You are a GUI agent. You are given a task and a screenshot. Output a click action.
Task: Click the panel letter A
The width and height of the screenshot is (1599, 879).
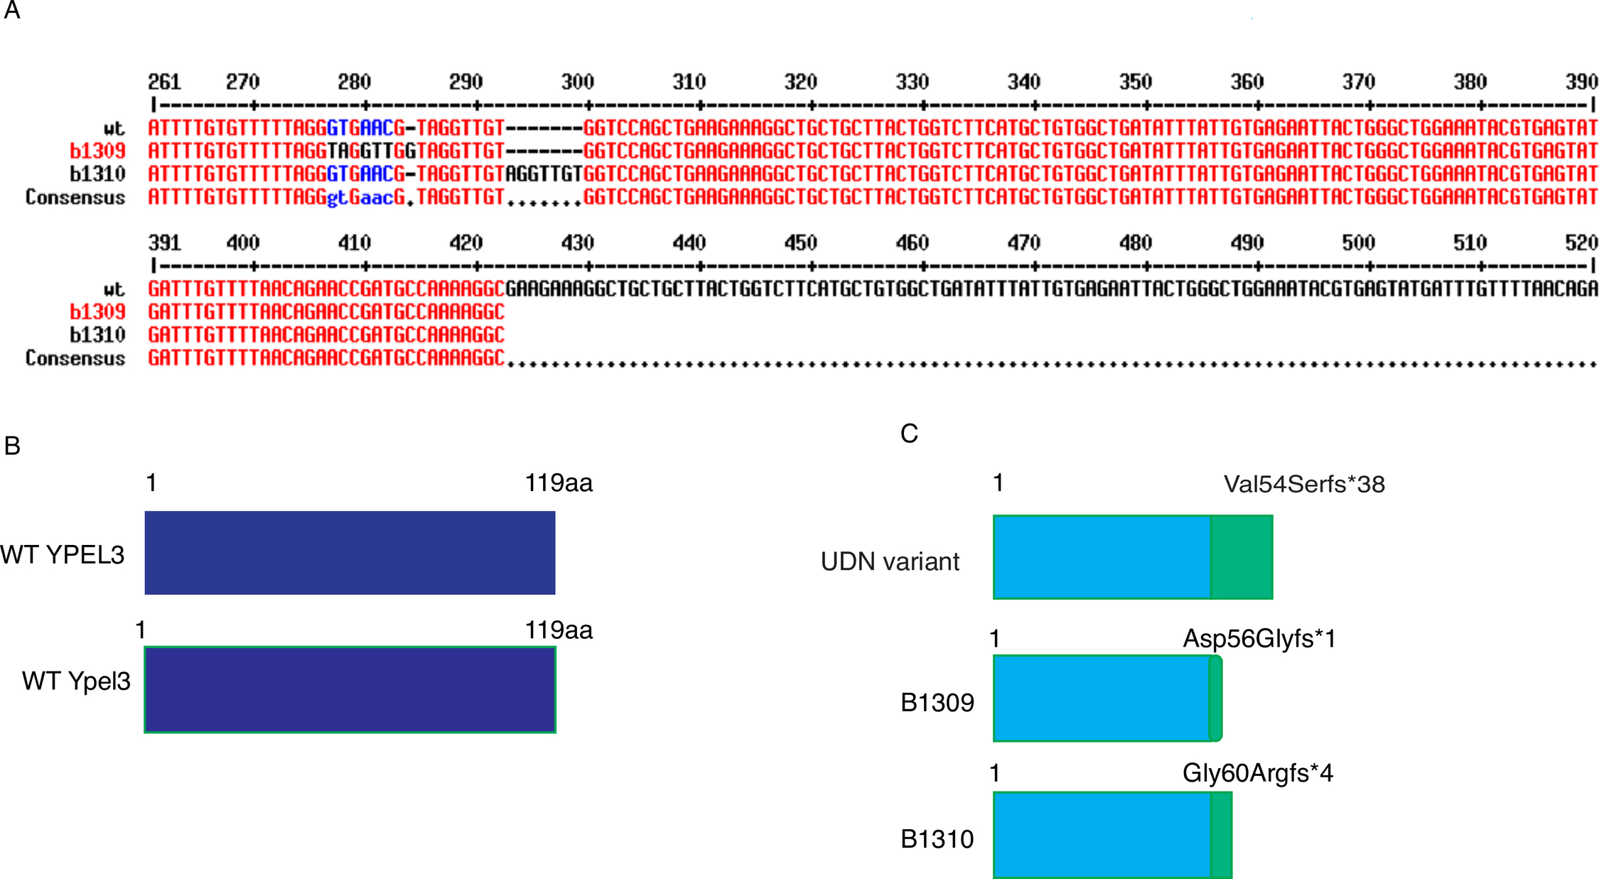tap(12, 11)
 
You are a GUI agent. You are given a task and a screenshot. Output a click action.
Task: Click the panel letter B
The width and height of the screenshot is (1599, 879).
tap(12, 446)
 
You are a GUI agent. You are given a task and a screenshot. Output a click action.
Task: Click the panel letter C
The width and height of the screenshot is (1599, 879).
tap(909, 433)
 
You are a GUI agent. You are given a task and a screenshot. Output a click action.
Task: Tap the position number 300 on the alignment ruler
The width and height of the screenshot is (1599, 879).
tap(577, 82)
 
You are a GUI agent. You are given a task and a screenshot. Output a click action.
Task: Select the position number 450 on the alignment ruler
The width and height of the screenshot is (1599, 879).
tap(800, 244)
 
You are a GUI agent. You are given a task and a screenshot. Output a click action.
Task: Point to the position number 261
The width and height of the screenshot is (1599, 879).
tap(164, 82)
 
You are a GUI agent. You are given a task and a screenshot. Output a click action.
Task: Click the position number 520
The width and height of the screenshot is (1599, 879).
tap(1581, 244)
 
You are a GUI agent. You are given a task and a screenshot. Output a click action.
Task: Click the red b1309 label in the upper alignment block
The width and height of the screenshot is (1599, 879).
tap(97, 151)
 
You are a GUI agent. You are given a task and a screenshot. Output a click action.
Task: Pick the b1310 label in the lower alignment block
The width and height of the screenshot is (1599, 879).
tap(97, 335)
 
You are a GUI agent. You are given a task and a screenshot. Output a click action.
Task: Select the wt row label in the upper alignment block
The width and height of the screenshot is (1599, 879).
tap(114, 129)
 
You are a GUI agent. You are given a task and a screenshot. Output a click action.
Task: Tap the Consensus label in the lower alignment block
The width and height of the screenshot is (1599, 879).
tap(75, 358)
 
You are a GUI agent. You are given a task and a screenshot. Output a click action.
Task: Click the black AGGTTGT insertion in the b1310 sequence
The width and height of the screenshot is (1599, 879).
tap(544, 174)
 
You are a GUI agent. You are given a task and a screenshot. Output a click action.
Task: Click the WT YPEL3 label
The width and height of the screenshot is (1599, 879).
tap(63, 555)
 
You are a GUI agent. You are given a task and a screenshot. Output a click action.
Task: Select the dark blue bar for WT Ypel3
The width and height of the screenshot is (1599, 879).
tap(350, 689)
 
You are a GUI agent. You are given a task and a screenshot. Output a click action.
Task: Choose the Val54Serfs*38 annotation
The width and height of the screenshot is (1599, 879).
tap(1304, 485)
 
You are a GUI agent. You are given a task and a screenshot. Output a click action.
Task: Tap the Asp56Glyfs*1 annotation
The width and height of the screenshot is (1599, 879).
tap(1259, 639)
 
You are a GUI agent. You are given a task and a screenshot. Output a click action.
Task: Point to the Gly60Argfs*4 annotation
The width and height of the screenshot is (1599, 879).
tap(1258, 773)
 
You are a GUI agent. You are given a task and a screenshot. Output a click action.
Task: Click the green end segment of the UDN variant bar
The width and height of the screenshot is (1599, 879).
tap(1242, 558)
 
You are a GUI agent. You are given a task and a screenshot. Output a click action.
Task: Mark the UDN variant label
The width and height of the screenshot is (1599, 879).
tap(890, 562)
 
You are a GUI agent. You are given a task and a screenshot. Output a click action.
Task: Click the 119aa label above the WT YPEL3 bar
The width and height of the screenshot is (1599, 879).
tap(559, 484)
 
